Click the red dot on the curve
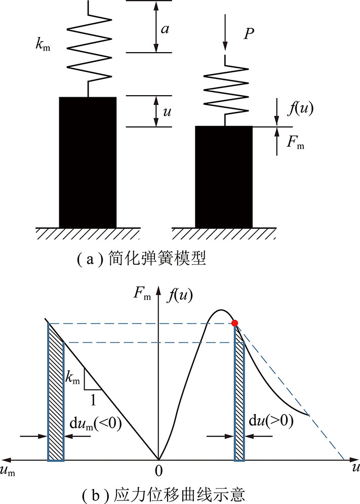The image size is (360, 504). coord(235,323)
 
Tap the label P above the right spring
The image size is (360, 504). coord(249,33)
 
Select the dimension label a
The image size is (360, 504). coord(165,29)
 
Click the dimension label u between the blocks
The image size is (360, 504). coord(167,112)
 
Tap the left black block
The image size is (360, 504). coord(88,162)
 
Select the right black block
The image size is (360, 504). coord(224,177)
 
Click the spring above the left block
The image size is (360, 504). coord(90,48)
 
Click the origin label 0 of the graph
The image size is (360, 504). coord(158,471)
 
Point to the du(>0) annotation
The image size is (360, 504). coord(271,421)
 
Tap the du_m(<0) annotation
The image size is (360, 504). coord(96,424)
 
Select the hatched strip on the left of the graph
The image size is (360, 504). coord(56,392)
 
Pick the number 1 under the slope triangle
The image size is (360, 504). coord(93,400)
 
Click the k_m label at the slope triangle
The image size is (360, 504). coord(72,377)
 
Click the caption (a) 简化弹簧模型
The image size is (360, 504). coord(142,259)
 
